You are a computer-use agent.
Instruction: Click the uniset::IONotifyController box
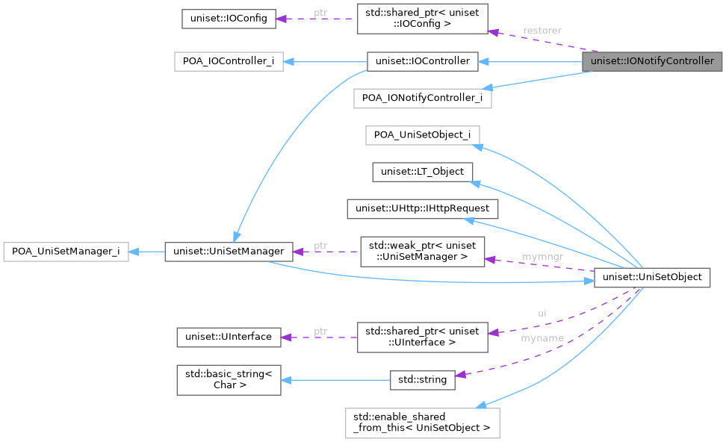[652, 61]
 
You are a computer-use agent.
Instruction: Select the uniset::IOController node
[422, 61]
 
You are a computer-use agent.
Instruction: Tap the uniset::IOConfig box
[229, 18]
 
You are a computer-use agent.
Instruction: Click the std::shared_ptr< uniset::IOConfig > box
[422, 18]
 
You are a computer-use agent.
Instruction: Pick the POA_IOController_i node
[228, 61]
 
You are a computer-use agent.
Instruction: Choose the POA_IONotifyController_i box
[422, 97]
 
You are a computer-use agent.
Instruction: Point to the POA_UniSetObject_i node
[422, 134]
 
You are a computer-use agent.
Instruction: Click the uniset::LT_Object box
[422, 172]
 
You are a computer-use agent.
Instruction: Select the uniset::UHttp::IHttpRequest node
[422, 208]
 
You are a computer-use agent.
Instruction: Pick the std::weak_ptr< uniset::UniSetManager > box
[422, 252]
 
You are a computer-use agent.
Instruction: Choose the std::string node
[422, 379]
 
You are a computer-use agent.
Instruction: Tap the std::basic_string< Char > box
[228, 379]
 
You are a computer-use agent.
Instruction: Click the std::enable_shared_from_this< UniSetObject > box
[422, 423]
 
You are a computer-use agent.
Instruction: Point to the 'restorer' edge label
[542, 31]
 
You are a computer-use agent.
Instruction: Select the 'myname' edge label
[542, 338]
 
